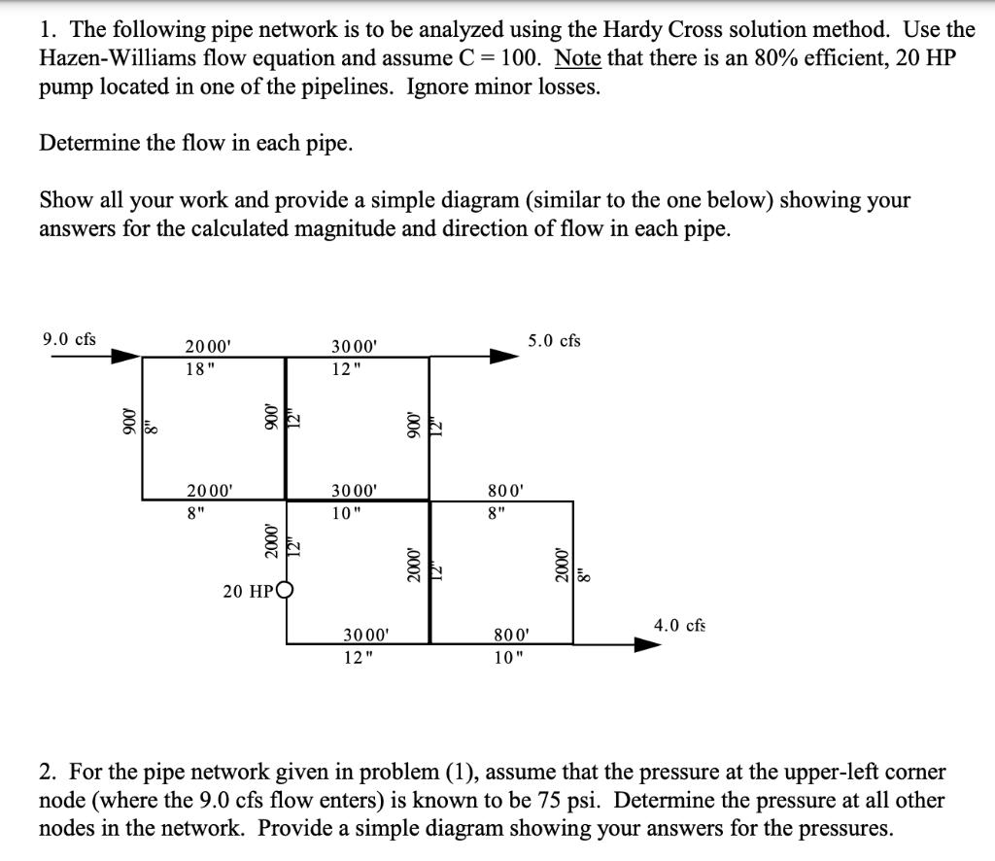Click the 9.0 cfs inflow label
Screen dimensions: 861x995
click(x=69, y=339)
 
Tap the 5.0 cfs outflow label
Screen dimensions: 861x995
click(x=554, y=340)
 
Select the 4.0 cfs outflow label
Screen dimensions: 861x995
click(x=679, y=625)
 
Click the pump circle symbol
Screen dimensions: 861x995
click(x=286, y=589)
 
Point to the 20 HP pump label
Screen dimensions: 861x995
click(x=248, y=590)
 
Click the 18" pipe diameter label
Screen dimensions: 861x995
click(x=197, y=367)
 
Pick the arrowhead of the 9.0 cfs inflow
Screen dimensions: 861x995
click(x=125, y=357)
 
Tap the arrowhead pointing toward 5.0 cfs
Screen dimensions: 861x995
click(x=502, y=357)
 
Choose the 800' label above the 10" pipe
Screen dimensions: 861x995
click(x=509, y=636)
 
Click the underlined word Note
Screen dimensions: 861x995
click(x=578, y=57)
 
